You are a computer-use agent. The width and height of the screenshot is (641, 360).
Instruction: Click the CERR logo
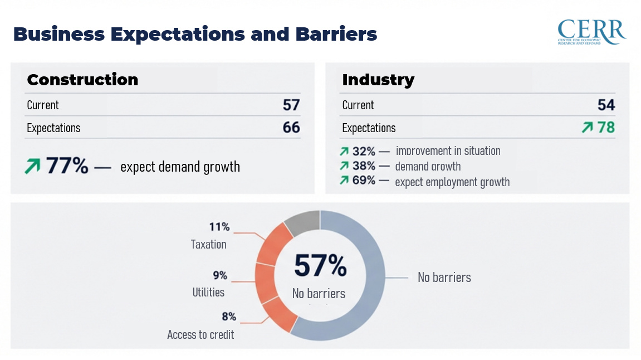tap(591, 32)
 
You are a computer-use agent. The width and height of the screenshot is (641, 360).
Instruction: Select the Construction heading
tap(82, 80)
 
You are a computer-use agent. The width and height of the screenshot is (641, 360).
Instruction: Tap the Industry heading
tap(378, 80)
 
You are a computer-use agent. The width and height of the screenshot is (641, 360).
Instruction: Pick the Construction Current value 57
tap(291, 105)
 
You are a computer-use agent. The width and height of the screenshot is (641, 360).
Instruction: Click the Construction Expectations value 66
tap(291, 128)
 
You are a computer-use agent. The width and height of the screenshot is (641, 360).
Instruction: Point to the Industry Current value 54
tap(606, 105)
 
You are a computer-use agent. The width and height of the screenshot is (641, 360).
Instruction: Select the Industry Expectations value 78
tap(606, 128)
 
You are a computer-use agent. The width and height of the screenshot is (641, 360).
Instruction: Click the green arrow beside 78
tap(588, 128)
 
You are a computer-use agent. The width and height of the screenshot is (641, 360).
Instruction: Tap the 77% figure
tap(67, 166)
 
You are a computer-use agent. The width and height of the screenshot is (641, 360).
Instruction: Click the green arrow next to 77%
tap(32, 166)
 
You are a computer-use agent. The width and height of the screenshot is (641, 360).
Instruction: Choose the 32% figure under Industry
tap(364, 151)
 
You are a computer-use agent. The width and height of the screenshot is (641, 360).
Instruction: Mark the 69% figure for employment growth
tap(364, 181)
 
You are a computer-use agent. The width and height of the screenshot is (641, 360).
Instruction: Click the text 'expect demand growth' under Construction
tap(180, 166)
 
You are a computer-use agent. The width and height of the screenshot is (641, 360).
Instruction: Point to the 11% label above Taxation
tap(219, 227)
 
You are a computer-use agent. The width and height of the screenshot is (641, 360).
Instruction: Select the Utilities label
tap(208, 292)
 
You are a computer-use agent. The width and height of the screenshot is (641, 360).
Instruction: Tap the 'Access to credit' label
tap(200, 334)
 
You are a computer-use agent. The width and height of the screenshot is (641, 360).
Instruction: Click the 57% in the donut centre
tap(320, 266)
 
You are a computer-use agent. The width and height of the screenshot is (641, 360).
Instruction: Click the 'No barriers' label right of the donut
tap(444, 277)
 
